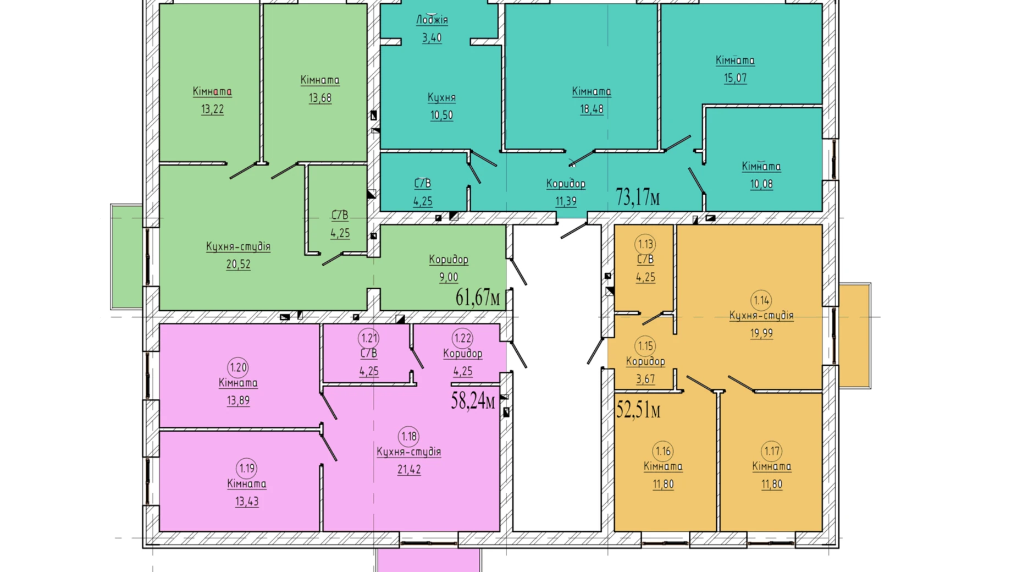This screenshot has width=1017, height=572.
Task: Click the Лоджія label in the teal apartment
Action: click(x=432, y=20)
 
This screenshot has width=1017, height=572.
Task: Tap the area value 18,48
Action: click(x=592, y=109)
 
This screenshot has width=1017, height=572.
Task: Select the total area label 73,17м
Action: click(x=638, y=197)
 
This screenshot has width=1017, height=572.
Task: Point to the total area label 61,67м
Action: click(x=478, y=298)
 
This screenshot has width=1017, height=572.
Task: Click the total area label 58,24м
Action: click(x=473, y=400)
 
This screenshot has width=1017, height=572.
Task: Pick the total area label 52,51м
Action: click(x=638, y=410)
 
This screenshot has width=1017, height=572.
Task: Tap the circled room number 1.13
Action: click(x=645, y=244)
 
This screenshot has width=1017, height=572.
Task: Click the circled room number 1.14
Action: click(x=761, y=300)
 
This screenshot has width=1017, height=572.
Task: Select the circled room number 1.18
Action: click(x=409, y=437)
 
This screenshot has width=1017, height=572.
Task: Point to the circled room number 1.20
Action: click(x=238, y=367)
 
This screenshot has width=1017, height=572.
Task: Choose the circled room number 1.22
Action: click(x=463, y=338)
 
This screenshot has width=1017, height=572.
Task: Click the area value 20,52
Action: click(x=238, y=265)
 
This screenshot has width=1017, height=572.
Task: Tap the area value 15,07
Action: click(x=735, y=78)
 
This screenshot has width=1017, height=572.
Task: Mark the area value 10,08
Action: click(x=761, y=184)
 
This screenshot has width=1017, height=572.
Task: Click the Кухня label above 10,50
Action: click(x=441, y=98)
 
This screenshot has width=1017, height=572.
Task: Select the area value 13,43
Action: click(x=247, y=502)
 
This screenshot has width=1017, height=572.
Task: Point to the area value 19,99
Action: click(x=761, y=333)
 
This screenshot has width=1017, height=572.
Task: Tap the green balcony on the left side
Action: click(x=127, y=256)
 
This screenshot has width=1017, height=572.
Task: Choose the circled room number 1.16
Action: click(x=664, y=452)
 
